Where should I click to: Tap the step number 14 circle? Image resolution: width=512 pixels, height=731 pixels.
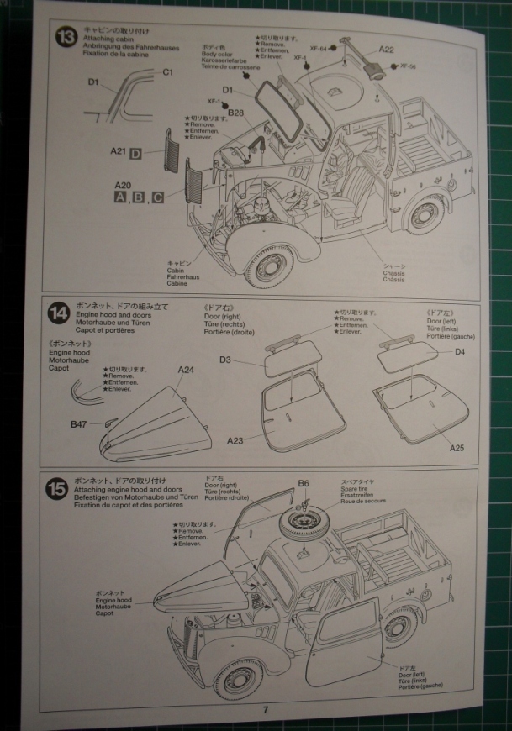coord(58,314)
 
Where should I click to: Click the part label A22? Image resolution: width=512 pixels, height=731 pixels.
coord(386,50)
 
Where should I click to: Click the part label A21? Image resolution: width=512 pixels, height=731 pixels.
coord(119,152)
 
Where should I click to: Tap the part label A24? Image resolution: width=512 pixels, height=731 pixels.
coord(186,369)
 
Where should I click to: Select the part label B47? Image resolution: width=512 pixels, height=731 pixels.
coord(80,425)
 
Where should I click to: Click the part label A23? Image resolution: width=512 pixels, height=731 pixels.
coord(237,439)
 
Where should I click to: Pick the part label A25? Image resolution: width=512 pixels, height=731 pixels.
coord(457,448)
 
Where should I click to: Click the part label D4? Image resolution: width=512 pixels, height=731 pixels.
coord(459,352)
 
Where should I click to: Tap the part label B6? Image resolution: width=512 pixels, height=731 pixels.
coord(304,483)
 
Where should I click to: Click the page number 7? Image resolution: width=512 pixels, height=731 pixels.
coord(266,709)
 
